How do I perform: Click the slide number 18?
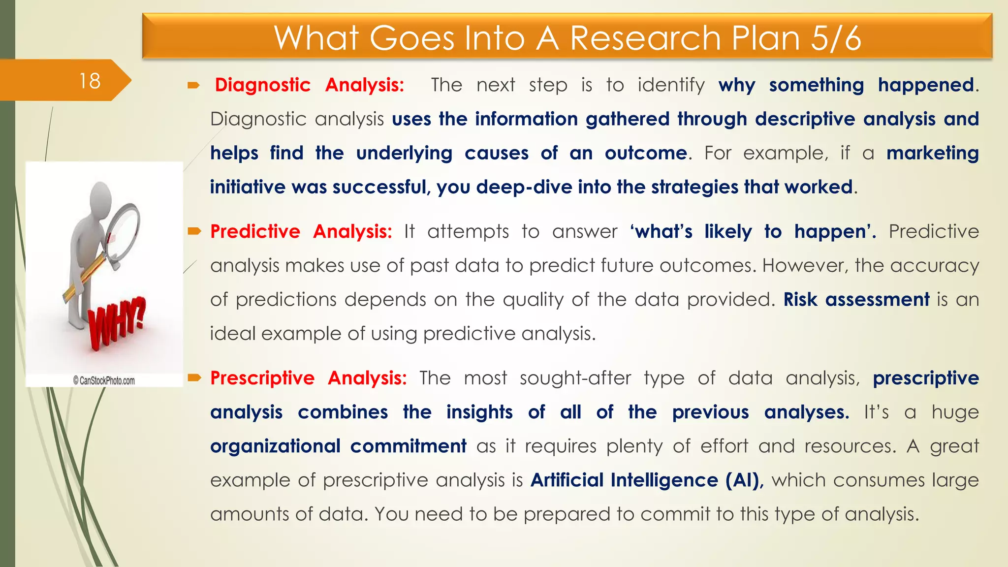90,81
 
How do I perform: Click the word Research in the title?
645,38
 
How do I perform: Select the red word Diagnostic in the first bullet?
262,85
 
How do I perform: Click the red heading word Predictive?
255,231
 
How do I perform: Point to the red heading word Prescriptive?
262,378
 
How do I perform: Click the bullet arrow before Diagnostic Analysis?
193,86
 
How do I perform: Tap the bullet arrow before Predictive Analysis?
194,231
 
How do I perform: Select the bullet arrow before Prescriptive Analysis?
194,378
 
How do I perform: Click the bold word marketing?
932,153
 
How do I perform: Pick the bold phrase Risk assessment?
856,299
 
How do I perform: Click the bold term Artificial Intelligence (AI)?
647,480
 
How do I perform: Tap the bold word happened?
926,85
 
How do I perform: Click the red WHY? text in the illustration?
117,323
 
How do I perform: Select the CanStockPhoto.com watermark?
104,380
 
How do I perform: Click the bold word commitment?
408,446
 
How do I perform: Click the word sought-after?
575,378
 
